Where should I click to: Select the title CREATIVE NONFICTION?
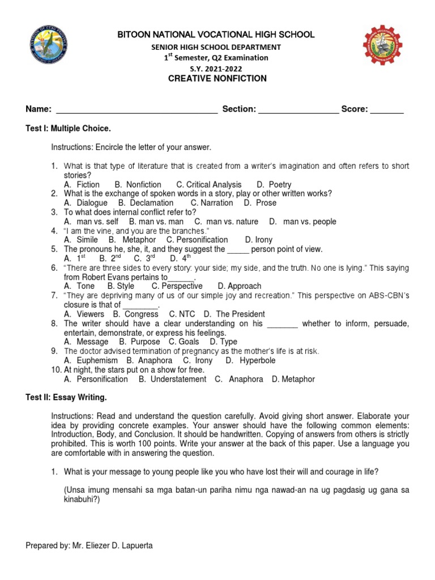click(x=217, y=79)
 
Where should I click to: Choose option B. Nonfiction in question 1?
click(x=138, y=185)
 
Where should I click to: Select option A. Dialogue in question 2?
click(x=86, y=203)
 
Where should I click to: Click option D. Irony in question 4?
click(x=259, y=240)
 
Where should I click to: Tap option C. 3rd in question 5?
click(x=144, y=259)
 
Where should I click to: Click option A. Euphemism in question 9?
click(x=91, y=360)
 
